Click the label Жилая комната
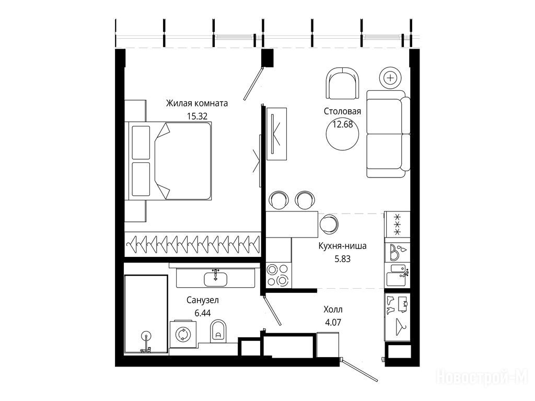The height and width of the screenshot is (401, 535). tap(197, 103)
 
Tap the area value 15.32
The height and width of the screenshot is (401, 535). tap(197, 116)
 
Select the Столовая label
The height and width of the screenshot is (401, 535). tap(342, 111)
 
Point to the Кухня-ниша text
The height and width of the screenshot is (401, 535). tap(342, 246)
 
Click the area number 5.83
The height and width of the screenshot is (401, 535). tap(342, 259)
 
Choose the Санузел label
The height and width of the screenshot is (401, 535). tap(203, 300)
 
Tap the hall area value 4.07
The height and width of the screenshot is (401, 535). tap(333, 322)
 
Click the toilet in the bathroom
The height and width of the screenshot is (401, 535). tap(218, 331)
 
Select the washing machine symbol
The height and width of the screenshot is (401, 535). tap(181, 334)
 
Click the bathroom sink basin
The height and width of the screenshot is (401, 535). tap(216, 278)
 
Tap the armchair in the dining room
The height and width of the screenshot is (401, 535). tap(343, 84)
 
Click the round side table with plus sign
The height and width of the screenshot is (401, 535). tap(390, 78)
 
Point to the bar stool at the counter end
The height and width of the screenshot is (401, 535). tap(329, 223)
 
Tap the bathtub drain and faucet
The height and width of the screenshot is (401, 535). tap(146, 343)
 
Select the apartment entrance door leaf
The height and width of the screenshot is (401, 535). tap(359, 370)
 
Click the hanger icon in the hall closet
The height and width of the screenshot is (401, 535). tap(400, 326)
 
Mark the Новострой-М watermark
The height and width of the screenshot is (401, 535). tap(482, 378)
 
